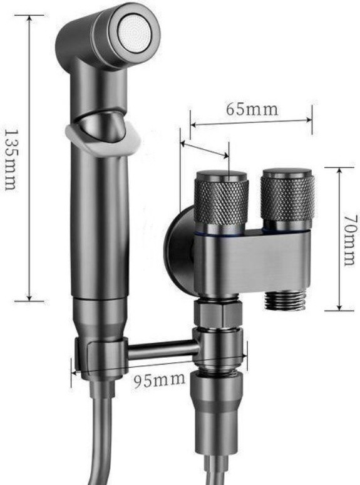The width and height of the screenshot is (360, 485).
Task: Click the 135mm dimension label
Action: click(11, 160)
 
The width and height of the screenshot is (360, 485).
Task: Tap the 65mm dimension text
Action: click(252, 110)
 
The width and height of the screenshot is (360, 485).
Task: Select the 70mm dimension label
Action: click(351, 240)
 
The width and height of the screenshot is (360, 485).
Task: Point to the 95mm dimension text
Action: click(160, 380)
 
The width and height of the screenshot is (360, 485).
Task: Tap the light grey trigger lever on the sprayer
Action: click(103, 140)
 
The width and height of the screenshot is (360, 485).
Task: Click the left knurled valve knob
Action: click(221, 198)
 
